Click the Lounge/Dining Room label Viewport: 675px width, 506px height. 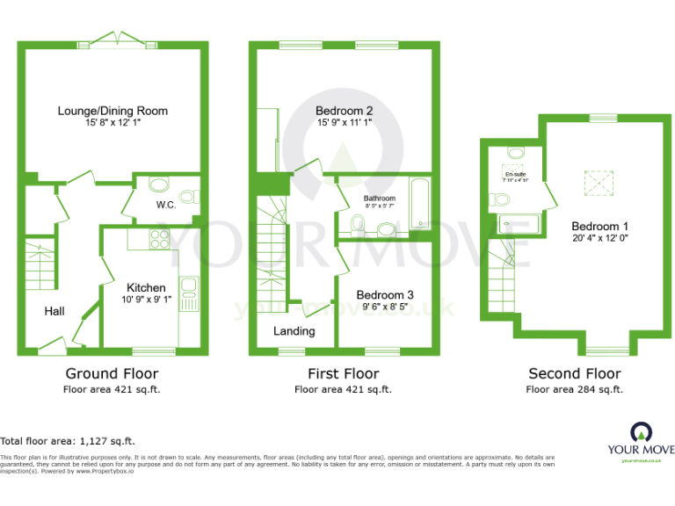pyautogui.click(x=112, y=111)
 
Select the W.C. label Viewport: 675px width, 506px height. pyautogui.click(x=167, y=206)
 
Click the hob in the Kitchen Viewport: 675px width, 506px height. pyautogui.click(x=160, y=238)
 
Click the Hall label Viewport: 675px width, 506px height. pyautogui.click(x=54, y=311)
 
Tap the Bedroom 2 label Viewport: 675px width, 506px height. pyautogui.click(x=345, y=111)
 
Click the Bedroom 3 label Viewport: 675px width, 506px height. pyautogui.click(x=385, y=295)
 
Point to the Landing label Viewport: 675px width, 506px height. pyautogui.click(x=294, y=331)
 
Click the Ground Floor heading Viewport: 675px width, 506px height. pyautogui.click(x=112, y=373)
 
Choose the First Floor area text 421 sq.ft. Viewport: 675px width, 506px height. pyautogui.click(x=343, y=389)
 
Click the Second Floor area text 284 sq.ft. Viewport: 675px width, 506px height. pyautogui.click(x=574, y=389)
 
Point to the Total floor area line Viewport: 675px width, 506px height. pyautogui.click(x=68, y=441)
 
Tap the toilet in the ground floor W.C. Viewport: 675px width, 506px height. pyautogui.click(x=187, y=197)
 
